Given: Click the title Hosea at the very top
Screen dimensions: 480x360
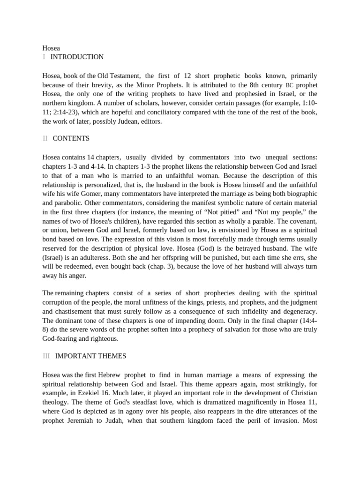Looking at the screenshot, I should coord(51,48).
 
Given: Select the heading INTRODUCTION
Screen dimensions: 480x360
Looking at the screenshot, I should coord(77,57).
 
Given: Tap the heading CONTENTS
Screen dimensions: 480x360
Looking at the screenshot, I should coord(71,138).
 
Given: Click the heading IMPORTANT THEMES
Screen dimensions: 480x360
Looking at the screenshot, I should coord(90,356).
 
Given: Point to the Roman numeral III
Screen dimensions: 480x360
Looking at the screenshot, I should coord(46,356).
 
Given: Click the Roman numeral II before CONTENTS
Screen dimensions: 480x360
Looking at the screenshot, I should coord(45,138).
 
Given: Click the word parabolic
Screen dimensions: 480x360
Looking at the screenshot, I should coord(56,203).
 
